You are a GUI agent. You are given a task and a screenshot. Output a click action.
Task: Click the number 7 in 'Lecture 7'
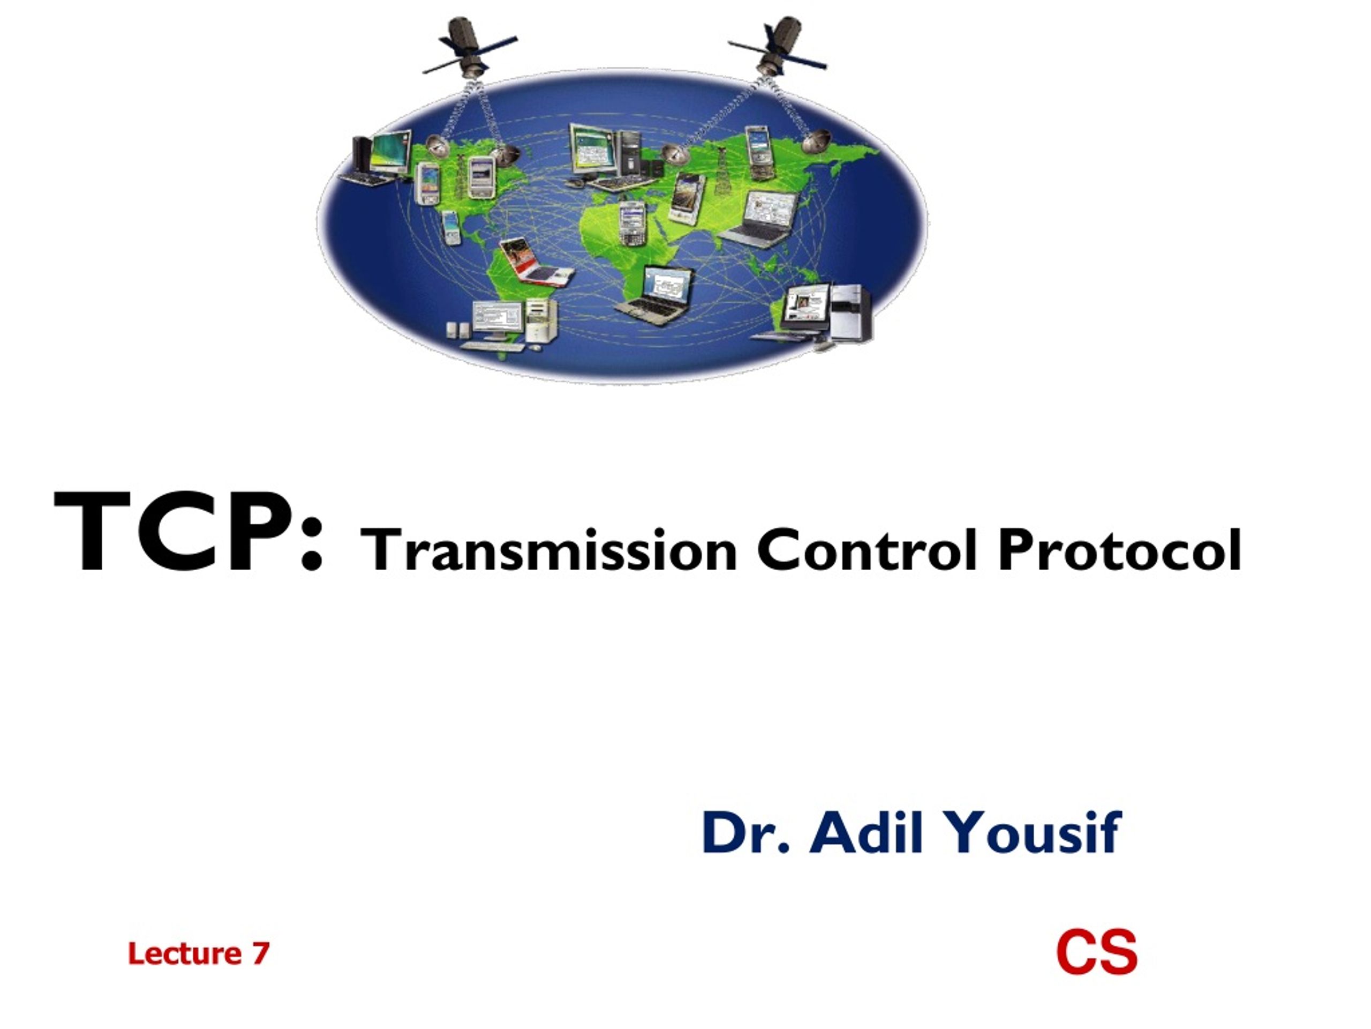click(x=261, y=953)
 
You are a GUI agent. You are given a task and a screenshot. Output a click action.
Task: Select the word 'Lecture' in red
click(x=184, y=953)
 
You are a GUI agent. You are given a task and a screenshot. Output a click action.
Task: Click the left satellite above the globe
click(x=471, y=47)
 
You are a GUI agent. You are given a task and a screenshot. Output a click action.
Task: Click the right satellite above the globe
click(x=777, y=47)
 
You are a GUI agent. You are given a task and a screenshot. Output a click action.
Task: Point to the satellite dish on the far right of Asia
click(x=816, y=142)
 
